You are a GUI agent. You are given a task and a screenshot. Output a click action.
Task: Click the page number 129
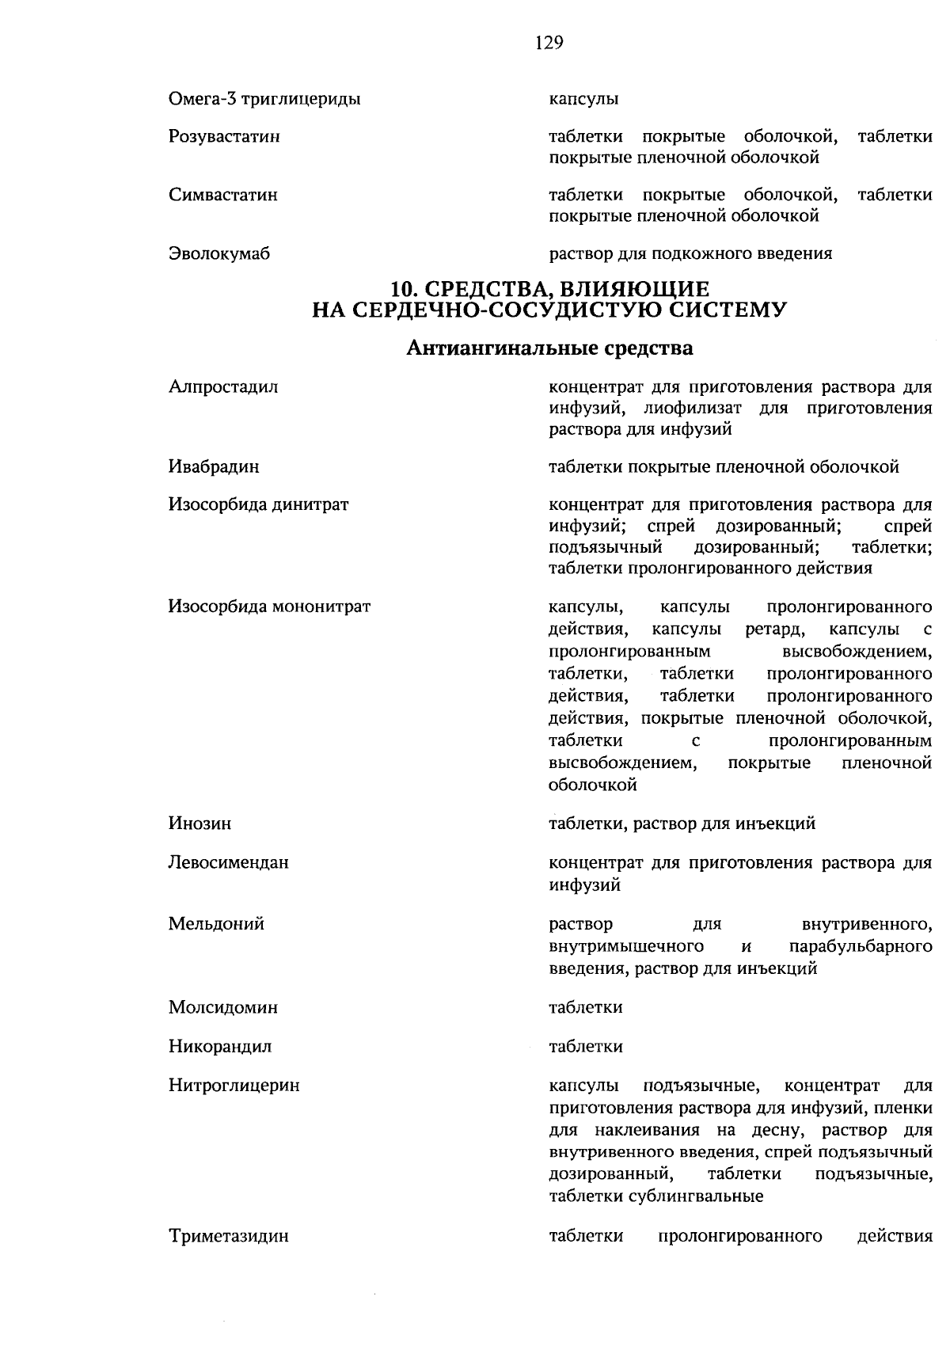pos(549,43)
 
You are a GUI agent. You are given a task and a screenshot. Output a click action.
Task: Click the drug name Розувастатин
pos(225,137)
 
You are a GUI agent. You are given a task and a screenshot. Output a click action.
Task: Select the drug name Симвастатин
pos(222,195)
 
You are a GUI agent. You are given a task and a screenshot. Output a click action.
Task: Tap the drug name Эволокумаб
pos(219,253)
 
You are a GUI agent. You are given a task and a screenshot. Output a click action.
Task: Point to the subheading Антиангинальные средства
pos(549,348)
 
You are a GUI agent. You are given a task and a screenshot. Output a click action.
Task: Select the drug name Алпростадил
pos(222,387)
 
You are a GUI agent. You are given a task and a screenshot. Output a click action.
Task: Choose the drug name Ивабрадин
pos(214,466)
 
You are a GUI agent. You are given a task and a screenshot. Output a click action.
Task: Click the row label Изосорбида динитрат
pos(258,504)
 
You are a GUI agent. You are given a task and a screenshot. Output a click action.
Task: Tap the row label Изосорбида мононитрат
pos(269,607)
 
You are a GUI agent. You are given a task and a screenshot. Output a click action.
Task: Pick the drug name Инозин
pos(199,823)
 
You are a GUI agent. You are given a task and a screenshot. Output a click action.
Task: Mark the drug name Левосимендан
pos(228,862)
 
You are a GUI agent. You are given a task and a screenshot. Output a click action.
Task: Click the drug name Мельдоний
pos(216,923)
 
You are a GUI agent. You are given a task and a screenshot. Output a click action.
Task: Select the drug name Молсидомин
pos(222,1007)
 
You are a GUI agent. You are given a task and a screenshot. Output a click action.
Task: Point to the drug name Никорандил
pos(219,1046)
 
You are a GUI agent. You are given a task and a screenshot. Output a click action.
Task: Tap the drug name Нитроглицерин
pos(234,1086)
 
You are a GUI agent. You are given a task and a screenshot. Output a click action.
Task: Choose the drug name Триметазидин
pos(228,1235)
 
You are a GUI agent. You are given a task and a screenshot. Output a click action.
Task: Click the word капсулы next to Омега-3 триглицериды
pos(583,99)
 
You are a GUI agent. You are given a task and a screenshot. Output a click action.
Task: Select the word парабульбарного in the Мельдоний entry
pos(860,946)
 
